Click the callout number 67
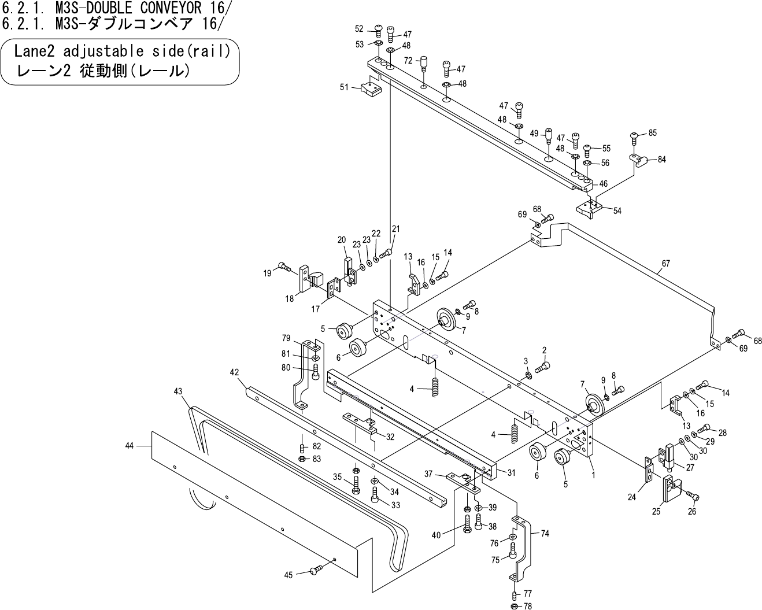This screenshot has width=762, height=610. coord(666,264)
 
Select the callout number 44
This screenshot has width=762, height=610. coord(129,446)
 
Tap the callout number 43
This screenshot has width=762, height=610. coord(178,391)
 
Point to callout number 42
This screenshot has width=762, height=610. coord(234,372)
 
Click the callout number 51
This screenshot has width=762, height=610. coord(344,87)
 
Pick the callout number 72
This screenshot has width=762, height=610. coord(408,60)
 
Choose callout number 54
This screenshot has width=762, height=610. coord(617,211)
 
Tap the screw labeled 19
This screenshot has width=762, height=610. coord(284,267)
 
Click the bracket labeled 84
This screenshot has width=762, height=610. coord(638,160)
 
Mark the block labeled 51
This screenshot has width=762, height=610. coord(369,89)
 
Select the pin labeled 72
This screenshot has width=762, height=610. coord(423,62)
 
